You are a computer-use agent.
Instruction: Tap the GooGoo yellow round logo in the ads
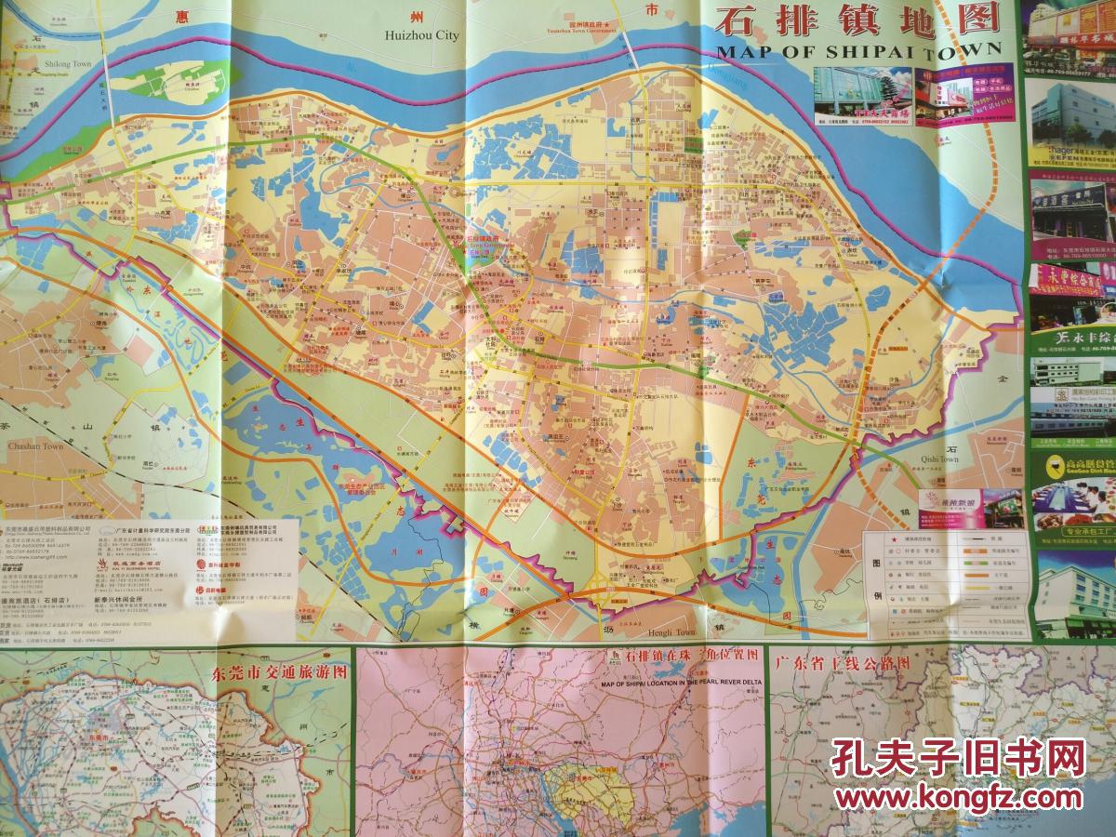click(1055, 465)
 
